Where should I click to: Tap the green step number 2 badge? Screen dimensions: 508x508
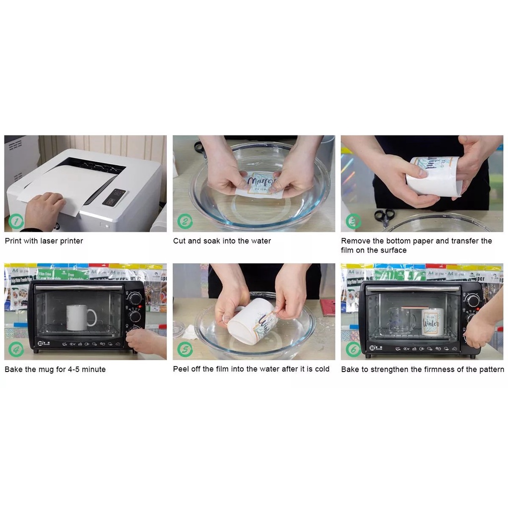pos(185,221)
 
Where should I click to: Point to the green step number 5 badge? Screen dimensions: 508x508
pos(185,349)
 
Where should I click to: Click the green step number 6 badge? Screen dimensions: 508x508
pos(353,349)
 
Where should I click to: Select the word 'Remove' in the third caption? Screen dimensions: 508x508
pos(356,241)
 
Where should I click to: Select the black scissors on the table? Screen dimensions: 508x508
pos(384,216)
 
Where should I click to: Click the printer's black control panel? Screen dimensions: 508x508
pos(114,197)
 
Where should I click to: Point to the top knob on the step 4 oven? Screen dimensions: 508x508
pos(134,298)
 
